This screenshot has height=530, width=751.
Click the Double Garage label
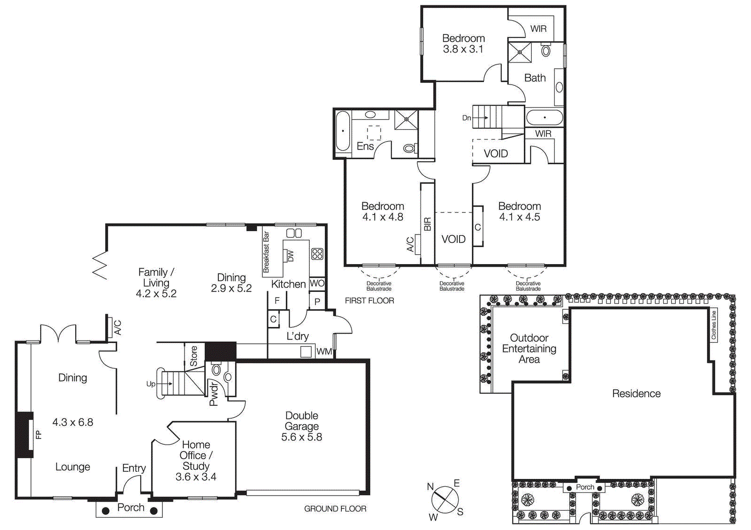(x=302, y=421)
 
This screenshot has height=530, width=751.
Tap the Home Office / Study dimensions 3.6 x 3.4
(x=196, y=477)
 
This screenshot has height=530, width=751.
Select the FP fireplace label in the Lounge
(x=38, y=435)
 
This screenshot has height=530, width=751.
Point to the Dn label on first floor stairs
(x=466, y=118)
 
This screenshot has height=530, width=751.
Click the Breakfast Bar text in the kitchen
(x=266, y=252)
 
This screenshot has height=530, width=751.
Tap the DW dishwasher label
(x=290, y=256)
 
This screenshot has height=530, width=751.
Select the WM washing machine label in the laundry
(x=323, y=351)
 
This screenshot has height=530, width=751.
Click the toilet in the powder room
(x=216, y=370)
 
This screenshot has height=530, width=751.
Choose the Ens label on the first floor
(x=365, y=146)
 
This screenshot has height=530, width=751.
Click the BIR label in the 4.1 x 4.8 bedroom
(x=427, y=224)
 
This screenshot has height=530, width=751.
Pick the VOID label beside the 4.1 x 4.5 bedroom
(x=453, y=239)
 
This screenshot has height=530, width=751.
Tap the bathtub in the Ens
(x=343, y=131)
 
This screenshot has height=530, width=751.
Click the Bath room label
(x=535, y=78)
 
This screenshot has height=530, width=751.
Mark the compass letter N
(x=430, y=486)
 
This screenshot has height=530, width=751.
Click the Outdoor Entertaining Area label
(x=529, y=348)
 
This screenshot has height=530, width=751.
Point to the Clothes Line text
(x=713, y=325)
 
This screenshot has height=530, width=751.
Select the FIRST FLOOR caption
(x=369, y=301)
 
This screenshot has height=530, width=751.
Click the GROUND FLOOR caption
(x=335, y=508)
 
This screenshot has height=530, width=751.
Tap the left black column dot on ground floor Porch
(x=106, y=511)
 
